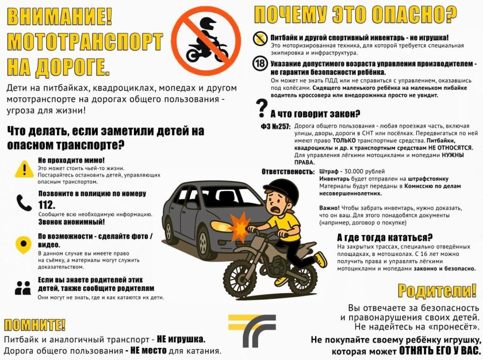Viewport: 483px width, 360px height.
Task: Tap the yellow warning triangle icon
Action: (24, 168)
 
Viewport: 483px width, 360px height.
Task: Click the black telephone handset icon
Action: (24, 202)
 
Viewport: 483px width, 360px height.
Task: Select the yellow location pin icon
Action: (24, 243)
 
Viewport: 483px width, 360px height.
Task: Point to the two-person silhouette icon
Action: (23, 288)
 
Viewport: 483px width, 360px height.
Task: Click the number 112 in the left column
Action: (47, 205)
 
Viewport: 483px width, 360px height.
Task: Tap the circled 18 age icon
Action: (260, 64)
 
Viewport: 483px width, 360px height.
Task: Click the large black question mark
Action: (262, 107)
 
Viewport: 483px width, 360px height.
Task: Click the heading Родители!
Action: (438, 290)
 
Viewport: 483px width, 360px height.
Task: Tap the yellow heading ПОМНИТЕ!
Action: (35, 323)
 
